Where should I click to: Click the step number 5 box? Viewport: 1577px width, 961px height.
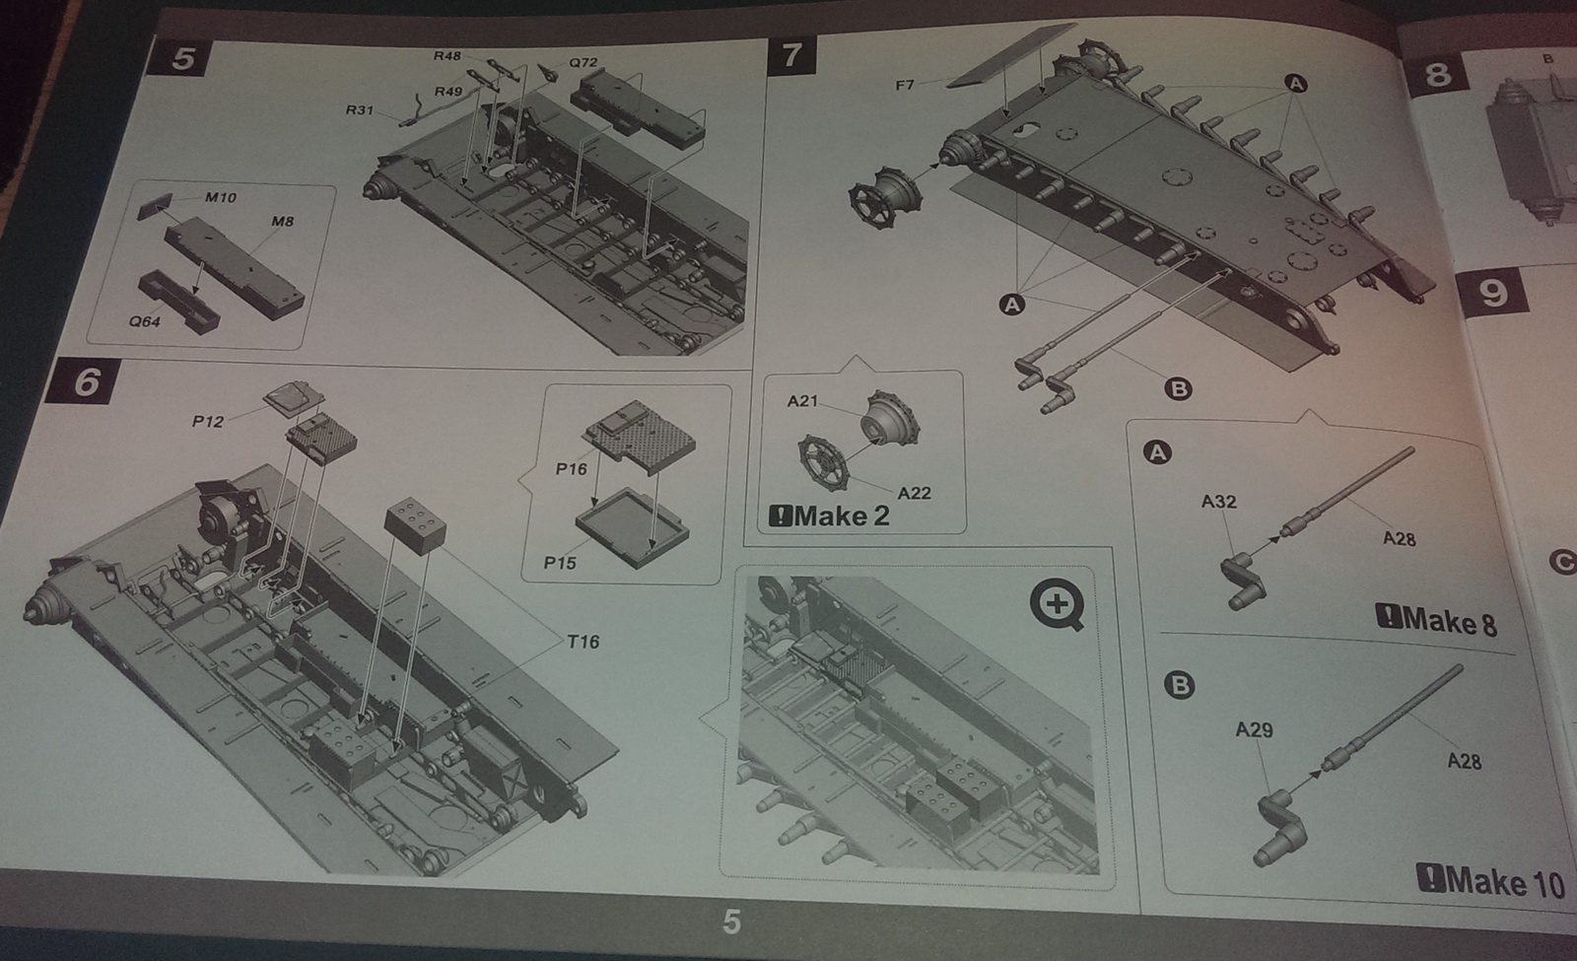click(x=181, y=58)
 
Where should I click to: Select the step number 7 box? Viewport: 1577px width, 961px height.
click(x=792, y=55)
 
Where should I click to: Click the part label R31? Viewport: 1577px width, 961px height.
click(x=360, y=109)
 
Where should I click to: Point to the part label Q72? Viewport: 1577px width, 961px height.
click(x=583, y=63)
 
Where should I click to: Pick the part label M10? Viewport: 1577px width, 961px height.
click(x=221, y=197)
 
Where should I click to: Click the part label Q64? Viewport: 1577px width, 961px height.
click(x=144, y=321)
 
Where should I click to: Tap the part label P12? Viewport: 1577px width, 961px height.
click(x=208, y=422)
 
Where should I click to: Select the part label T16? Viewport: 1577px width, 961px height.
click(x=583, y=642)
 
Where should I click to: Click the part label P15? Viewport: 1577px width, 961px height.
click(x=560, y=563)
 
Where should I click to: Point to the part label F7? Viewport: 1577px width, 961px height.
click(x=906, y=85)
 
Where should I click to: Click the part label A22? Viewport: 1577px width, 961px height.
click(x=914, y=494)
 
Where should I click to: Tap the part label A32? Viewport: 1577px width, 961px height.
click(x=1218, y=502)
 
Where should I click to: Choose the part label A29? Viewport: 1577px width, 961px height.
click(x=1254, y=730)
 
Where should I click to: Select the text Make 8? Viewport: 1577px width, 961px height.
click(x=1436, y=621)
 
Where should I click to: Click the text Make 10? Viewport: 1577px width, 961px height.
click(x=1491, y=881)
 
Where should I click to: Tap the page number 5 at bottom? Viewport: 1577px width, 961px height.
click(x=731, y=922)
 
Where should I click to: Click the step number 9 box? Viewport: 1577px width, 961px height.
click(x=1492, y=293)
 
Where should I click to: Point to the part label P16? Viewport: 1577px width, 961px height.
click(x=571, y=469)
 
